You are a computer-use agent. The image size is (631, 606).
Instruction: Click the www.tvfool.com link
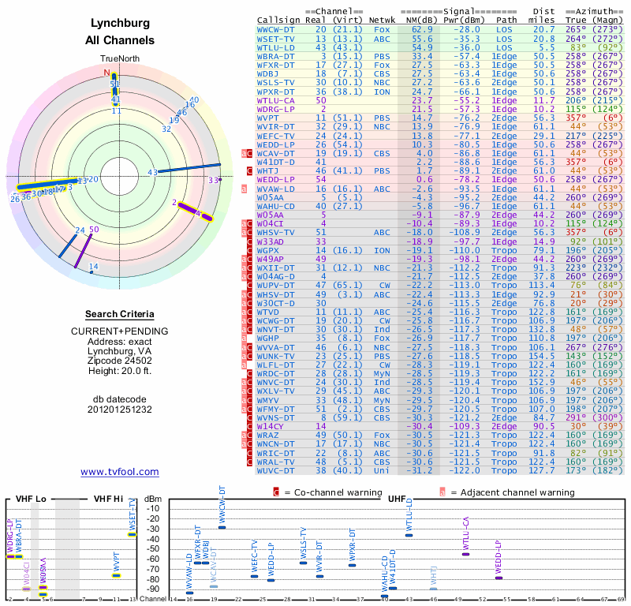[x=120, y=472]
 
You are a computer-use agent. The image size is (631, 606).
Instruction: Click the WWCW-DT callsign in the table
[x=277, y=29]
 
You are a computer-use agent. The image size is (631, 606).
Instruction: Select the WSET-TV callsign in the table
[x=277, y=38]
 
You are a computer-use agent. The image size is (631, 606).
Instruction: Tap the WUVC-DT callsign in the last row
[x=277, y=470]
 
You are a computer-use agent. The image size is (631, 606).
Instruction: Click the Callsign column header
[x=279, y=20]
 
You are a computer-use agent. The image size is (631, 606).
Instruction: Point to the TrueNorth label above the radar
[x=119, y=59]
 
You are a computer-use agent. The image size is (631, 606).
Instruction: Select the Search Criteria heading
[x=120, y=314]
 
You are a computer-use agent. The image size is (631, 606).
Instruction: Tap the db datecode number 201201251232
[x=120, y=410]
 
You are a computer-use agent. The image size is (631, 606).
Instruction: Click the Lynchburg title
[x=120, y=23]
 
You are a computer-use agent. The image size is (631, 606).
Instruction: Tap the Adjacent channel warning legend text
[x=513, y=492]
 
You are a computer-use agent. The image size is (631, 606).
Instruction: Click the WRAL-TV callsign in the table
[x=277, y=462]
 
